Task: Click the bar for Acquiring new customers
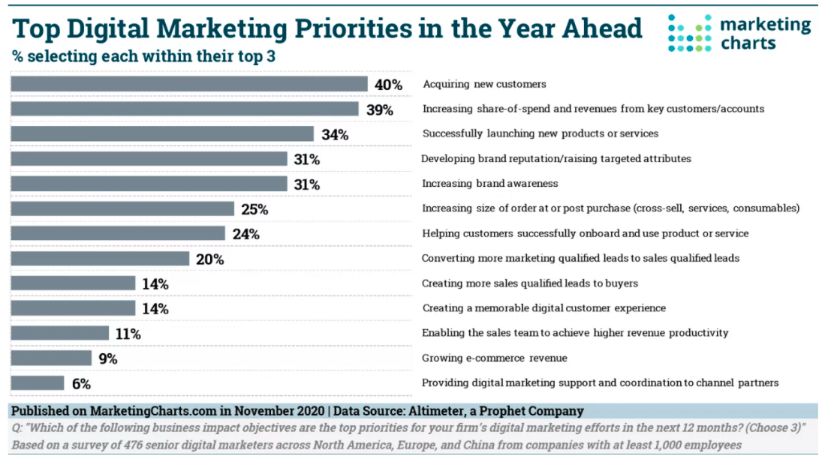[x=188, y=84]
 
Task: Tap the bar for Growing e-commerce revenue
[x=51, y=358]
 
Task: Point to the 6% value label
[x=81, y=383]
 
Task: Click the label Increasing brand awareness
[x=490, y=184]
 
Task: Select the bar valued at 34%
[x=161, y=134]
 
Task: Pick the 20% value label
[x=210, y=259]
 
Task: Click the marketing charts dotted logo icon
[x=689, y=34]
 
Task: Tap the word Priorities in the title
[x=352, y=28]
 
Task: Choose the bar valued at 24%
[x=118, y=233]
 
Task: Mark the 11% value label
[x=127, y=334]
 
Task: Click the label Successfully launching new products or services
[x=540, y=133]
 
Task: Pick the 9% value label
[x=108, y=358]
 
